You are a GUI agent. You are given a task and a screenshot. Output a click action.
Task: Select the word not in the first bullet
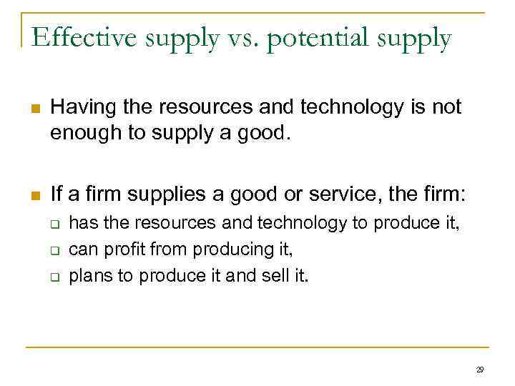[447, 108]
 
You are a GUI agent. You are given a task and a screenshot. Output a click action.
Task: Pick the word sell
[274, 276]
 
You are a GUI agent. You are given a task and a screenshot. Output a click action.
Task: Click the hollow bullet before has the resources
[54, 224]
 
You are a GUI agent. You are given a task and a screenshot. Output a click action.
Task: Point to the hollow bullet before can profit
[54, 250]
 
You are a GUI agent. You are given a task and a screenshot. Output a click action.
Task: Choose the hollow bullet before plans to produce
[54, 276]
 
